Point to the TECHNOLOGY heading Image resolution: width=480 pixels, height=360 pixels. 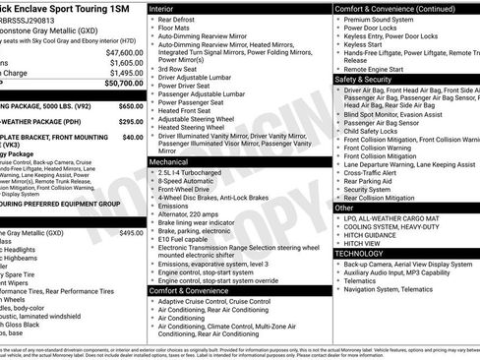click(358, 253)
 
